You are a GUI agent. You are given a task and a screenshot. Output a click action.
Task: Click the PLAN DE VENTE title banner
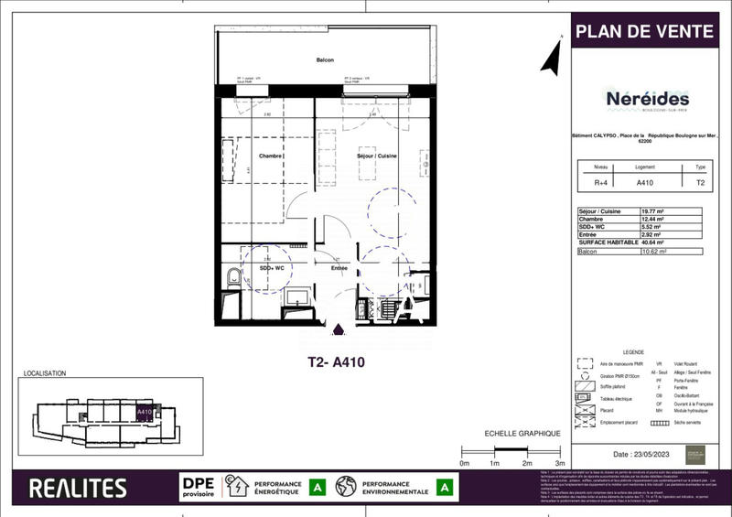(643, 31)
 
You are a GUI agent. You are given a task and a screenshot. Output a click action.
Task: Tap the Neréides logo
(647, 100)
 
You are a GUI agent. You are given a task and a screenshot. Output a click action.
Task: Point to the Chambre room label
(269, 156)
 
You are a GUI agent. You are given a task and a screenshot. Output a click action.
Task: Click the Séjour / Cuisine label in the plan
(376, 156)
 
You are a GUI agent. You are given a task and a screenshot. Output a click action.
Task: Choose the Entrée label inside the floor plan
(339, 268)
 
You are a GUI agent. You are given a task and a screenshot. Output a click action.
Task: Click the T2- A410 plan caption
(336, 362)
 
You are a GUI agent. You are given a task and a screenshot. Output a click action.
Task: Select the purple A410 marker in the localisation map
(144, 413)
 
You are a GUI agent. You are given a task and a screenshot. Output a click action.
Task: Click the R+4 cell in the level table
(600, 182)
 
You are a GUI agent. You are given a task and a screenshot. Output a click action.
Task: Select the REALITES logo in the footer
(78, 488)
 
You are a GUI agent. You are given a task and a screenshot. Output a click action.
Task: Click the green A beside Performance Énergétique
(318, 488)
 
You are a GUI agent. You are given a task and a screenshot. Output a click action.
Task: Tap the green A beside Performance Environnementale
(445, 488)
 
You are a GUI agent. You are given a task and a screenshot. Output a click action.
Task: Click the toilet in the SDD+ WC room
(232, 280)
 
